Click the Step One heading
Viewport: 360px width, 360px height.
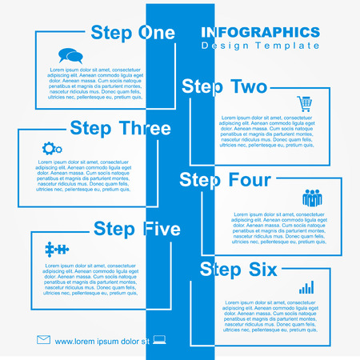(132, 33)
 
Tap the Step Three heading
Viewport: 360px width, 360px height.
(120, 128)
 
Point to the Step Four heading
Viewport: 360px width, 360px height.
(225, 180)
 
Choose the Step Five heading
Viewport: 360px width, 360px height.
(137, 229)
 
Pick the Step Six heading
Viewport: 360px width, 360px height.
(238, 269)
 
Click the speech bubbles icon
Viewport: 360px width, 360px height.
(70, 56)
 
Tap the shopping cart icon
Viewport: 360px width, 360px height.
(304, 103)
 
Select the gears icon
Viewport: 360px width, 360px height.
(52, 148)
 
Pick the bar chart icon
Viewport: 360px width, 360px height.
(306, 286)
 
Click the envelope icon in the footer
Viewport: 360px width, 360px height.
(43, 340)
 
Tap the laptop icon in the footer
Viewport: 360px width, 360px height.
(158, 340)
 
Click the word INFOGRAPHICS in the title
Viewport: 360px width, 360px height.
(260, 32)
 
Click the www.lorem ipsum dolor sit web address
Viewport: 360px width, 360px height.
(102, 342)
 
